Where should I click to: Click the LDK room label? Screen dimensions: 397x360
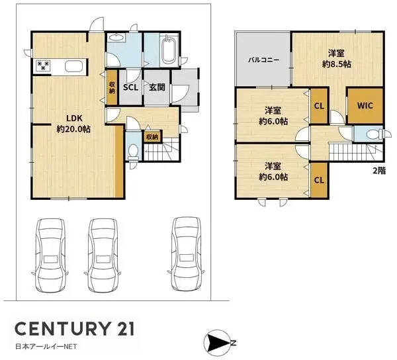click(74, 118)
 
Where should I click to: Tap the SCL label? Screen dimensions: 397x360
click(130, 87)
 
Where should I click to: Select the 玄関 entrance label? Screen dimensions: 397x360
click(157, 87)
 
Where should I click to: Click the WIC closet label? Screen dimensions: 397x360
click(365, 105)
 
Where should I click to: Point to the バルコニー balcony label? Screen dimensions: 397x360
click(263, 60)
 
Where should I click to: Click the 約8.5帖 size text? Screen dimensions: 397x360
click(337, 64)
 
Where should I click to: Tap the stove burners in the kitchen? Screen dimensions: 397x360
click(43, 66)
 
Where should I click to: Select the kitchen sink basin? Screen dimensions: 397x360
click(73, 66)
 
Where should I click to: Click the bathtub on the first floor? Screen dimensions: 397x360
click(168, 50)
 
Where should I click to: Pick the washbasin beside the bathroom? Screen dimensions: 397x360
click(116, 38)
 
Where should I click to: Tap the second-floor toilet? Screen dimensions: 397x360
click(375, 134)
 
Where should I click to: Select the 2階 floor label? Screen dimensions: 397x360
click(379, 171)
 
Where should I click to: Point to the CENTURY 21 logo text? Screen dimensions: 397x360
click(74, 329)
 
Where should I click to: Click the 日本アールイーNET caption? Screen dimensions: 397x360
click(46, 347)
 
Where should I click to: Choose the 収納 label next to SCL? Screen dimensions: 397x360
click(112, 87)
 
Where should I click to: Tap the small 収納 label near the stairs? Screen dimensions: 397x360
click(152, 137)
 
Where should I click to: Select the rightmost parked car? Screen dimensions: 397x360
click(187, 253)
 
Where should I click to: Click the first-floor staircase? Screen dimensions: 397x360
click(161, 150)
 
